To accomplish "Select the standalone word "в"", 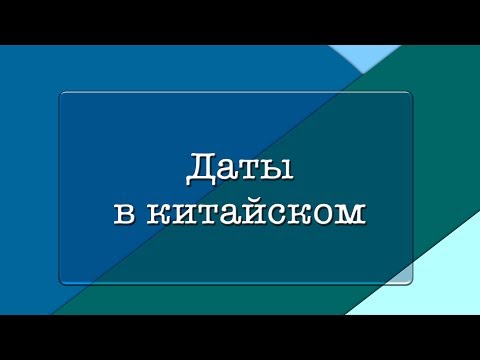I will (x=123, y=213).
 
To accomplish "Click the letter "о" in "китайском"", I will (x=324, y=213).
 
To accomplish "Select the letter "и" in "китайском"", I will (x=183, y=213).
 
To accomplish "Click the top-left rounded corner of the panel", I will (x=63, y=95).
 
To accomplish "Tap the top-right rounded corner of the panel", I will (x=409, y=95).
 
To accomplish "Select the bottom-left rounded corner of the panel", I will (x=63, y=282).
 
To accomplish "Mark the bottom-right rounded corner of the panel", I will (x=409, y=282).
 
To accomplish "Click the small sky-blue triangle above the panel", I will (x=362, y=55).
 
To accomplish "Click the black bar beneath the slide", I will (x=240, y=337).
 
